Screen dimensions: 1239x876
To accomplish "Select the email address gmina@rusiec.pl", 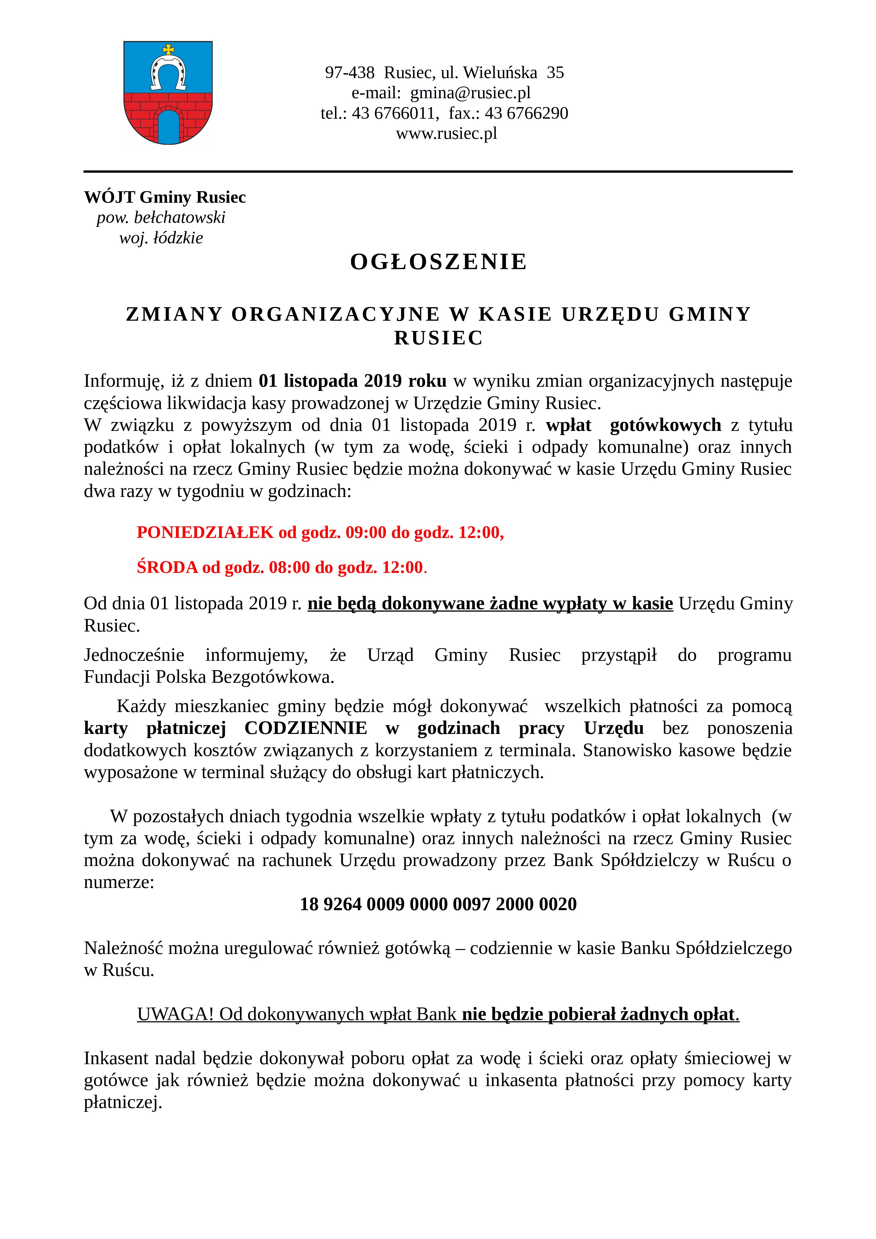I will (470, 93).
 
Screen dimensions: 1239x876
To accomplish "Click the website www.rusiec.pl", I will (446, 133).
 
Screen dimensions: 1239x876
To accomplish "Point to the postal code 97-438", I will (349, 72).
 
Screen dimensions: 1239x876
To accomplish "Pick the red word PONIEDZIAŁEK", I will (205, 533).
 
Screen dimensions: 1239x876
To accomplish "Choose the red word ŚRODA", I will (167, 568).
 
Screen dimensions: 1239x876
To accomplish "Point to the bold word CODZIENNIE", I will (306, 729).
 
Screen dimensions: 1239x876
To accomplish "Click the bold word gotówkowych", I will (665, 425).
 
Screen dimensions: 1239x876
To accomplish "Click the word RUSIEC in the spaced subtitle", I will (438, 338).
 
